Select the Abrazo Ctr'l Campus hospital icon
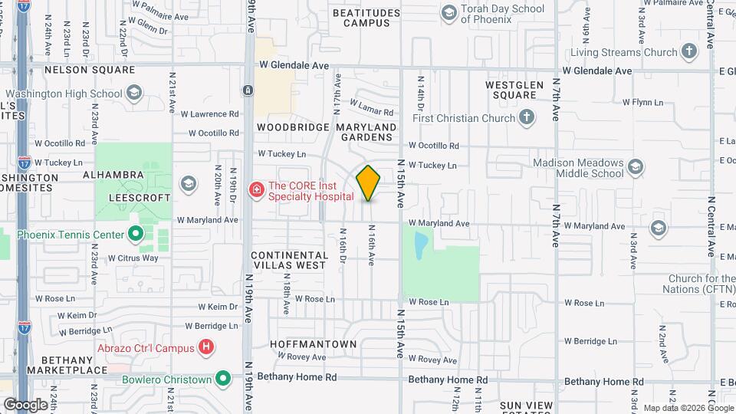205,347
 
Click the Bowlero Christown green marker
223,379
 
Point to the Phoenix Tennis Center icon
136,235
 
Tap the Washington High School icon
134,94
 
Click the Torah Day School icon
449,13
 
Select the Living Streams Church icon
689,52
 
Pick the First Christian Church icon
526,118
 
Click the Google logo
25,404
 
